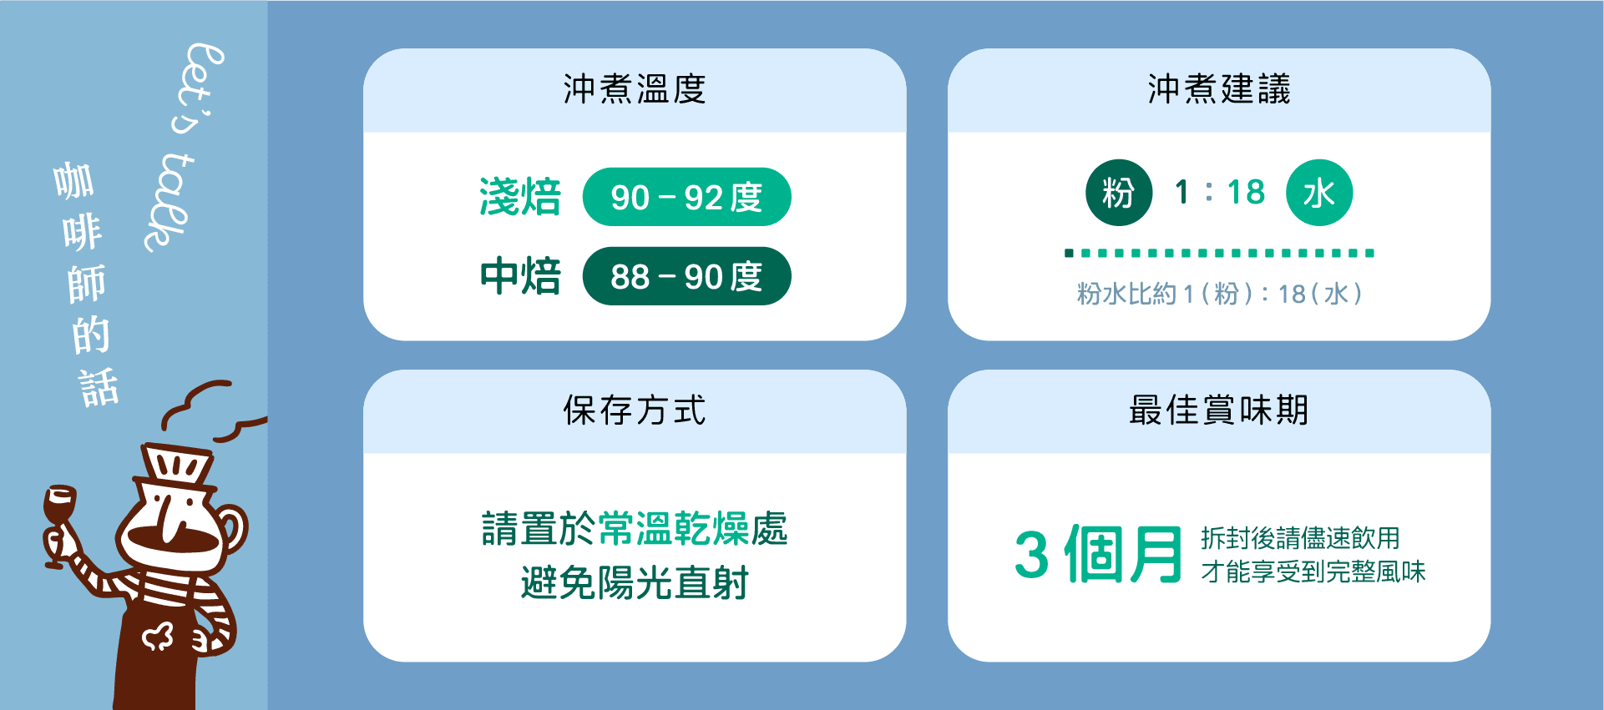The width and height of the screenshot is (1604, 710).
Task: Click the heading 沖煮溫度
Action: click(635, 89)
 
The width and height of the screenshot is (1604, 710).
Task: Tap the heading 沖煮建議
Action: click(1218, 89)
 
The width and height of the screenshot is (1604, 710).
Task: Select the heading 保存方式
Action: click(635, 410)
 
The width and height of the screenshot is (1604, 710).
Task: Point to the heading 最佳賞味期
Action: click(1218, 410)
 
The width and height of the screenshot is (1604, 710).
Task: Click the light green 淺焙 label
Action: click(520, 198)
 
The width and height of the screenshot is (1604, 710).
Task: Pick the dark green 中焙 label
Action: click(520, 276)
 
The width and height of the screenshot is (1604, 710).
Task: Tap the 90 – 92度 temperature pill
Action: click(686, 198)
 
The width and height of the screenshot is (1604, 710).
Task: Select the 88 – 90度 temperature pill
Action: click(686, 276)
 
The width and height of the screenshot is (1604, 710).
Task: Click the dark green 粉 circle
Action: click(1119, 193)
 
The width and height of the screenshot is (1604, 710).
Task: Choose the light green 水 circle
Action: click(1318, 193)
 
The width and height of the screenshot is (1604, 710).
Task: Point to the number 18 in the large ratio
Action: click(1246, 193)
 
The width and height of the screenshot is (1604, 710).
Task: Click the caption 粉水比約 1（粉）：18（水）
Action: click(1218, 294)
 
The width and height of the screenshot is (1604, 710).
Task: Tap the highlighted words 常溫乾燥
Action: click(674, 528)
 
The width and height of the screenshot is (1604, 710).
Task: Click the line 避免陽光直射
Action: click(635, 582)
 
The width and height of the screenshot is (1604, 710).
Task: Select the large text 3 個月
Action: click(1098, 554)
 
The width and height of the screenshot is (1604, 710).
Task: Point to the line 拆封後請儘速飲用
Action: click(1300, 538)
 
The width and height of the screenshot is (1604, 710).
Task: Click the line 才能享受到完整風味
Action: click(1313, 572)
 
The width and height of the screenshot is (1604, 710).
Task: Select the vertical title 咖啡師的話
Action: click(85, 284)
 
